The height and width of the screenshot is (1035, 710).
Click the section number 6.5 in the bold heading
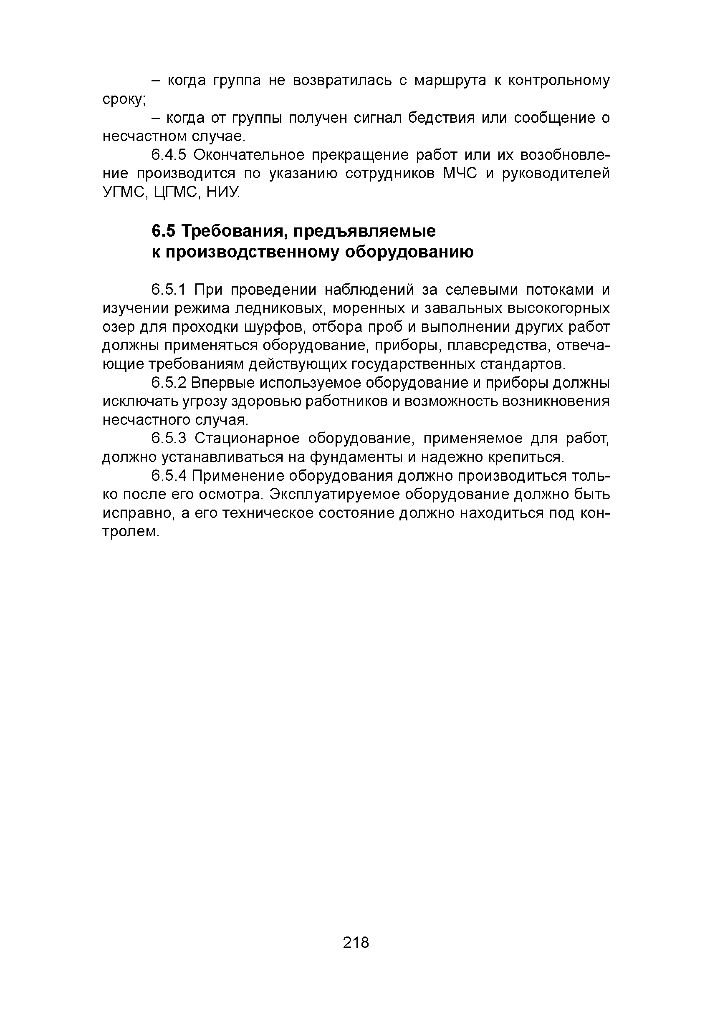coord(164,231)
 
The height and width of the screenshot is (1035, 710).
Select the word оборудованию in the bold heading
coord(410,252)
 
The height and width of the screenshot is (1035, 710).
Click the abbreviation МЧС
coord(460,173)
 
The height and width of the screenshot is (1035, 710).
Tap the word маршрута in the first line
coord(450,81)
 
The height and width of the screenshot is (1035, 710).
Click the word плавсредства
coord(498,346)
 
